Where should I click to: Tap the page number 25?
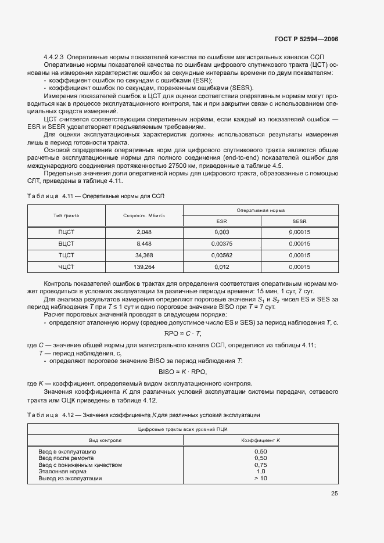point(334,494)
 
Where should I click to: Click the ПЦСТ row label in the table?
point(66,232)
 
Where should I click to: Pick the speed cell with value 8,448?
point(143,244)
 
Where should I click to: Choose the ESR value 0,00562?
point(221,256)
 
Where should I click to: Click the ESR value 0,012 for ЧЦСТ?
point(221,267)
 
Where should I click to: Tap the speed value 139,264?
point(143,267)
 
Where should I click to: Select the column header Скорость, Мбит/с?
point(144,215)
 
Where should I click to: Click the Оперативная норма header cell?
point(260,210)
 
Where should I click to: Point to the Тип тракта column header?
point(66,215)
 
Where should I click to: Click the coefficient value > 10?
point(261,479)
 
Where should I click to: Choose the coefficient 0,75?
point(261,465)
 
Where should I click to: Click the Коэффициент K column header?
point(261,440)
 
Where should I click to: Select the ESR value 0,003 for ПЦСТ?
point(221,232)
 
